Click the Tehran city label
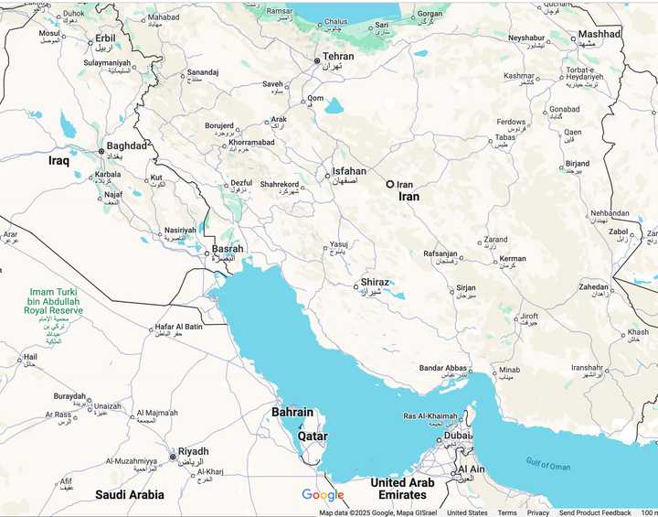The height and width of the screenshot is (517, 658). pos(337,57)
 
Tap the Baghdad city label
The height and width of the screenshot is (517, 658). pos(126,145)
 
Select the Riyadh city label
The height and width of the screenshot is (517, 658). pos(193,451)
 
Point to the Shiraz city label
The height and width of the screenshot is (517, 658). pos(375,283)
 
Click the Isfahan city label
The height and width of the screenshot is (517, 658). pos(348,171)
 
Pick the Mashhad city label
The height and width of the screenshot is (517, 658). pos(599,34)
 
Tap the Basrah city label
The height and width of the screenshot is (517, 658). pos(228,249)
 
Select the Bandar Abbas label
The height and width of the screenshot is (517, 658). pos(443,368)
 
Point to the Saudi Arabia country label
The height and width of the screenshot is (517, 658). pos(130,495)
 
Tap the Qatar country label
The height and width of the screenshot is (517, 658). pos(313,436)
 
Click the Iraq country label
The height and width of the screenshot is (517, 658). pos(58,160)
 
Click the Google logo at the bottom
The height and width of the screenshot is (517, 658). pos(323,495)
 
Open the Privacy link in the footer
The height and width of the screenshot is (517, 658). pos(538,512)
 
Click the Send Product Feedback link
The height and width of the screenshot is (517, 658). pos(595,512)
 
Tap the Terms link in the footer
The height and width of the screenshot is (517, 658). pos(506,512)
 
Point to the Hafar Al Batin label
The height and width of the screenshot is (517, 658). pos(178,327)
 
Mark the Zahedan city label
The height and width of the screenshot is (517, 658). pos(600,286)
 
